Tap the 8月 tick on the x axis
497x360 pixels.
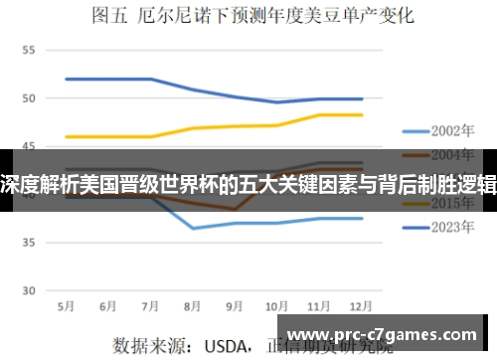[193, 306]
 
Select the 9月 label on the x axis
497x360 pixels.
[235, 306]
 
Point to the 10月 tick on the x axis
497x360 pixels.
[276, 306]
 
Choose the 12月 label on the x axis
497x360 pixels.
[360, 306]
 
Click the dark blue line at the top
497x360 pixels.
[109, 79]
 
